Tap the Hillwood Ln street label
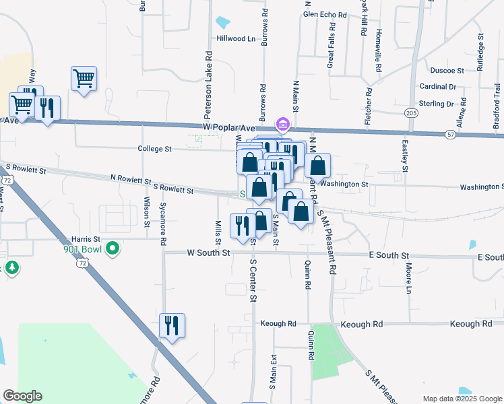coord(236,38)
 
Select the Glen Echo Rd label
coord(325,14)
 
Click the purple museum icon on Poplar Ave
coord(282,125)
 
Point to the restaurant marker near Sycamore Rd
coord(172,326)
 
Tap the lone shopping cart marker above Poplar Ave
coord(84,79)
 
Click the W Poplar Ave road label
coord(229,127)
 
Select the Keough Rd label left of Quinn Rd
coord(282,323)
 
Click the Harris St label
coord(86,238)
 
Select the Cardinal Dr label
coord(438,86)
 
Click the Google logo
coord(23,396)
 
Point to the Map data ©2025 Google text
coord(462,399)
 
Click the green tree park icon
coord(12,268)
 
